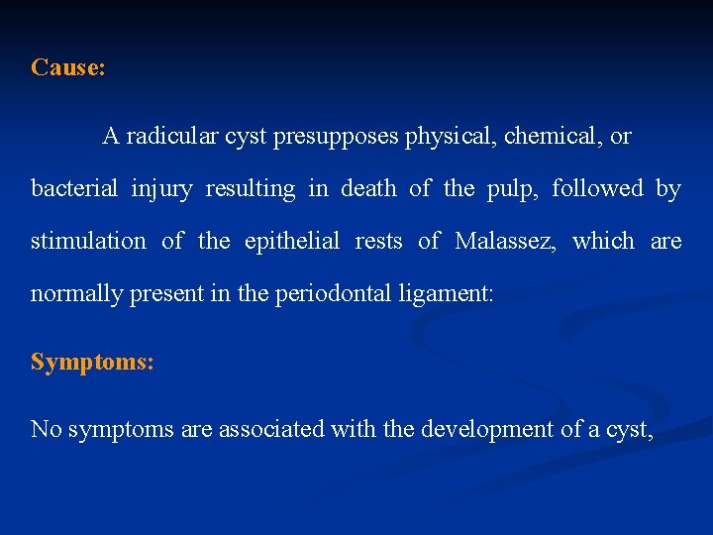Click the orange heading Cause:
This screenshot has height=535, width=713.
[68, 67]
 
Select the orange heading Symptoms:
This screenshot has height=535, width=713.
[92, 362]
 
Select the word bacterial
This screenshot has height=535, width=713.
[74, 188]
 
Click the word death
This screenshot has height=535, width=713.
[367, 188]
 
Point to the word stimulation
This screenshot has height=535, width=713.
[88, 241]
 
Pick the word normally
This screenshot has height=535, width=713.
[73, 293]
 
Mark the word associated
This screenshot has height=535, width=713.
[263, 429]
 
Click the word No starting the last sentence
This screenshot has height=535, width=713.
[44, 429]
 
